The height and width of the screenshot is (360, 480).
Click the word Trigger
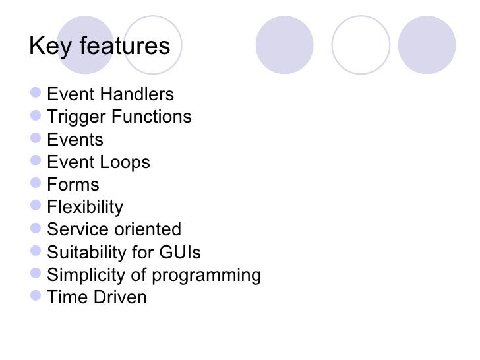pos(76,117)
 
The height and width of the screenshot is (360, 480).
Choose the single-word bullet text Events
pos(75,140)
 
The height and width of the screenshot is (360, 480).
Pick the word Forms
pos(73,185)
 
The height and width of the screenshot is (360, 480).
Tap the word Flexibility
pos(85,208)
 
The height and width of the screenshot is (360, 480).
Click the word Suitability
pos(86,253)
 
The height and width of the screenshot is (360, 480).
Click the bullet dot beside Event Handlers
pos(36,94)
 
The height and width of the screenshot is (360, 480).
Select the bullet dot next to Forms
pos(36,184)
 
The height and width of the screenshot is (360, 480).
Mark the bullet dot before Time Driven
pos(36,297)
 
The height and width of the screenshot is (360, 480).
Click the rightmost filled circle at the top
pos(427,44)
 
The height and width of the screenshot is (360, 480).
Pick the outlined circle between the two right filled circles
pos(361,44)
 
